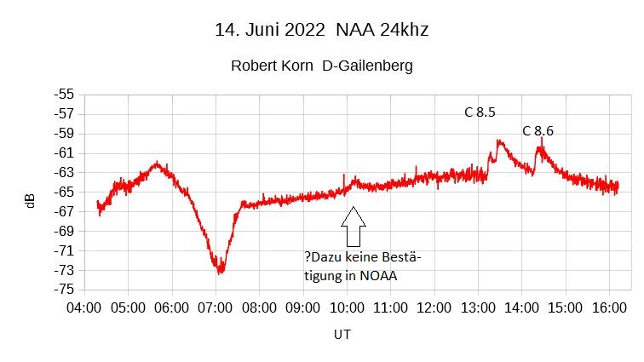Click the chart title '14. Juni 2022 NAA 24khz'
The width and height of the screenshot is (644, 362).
coord(321,31)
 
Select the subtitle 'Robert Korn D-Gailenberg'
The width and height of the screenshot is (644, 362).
coord(321,66)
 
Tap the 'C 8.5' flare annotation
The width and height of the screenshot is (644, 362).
coord(480,112)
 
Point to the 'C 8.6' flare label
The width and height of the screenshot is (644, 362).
coord(538,130)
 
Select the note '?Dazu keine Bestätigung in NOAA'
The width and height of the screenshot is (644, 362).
coord(363,265)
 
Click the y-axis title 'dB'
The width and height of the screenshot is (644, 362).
coord(30,201)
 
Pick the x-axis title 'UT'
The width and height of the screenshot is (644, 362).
coord(342,335)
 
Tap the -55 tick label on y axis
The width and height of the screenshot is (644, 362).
coord(64,95)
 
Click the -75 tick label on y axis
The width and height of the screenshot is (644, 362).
coord(64,290)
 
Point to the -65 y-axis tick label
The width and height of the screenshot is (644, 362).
coord(64,192)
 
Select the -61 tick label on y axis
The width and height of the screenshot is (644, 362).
coord(64,152)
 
